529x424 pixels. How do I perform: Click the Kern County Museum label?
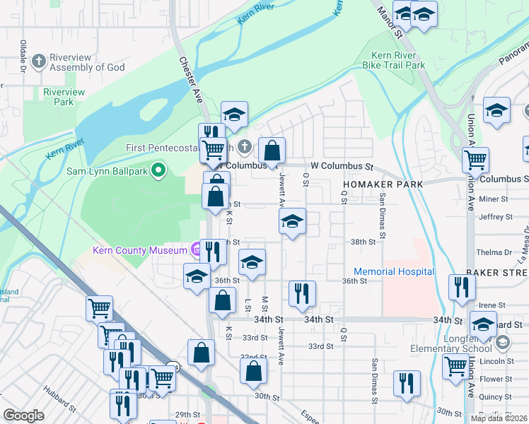(139, 250)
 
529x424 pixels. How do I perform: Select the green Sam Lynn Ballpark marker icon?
(159, 170)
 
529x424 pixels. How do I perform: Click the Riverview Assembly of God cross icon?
(37, 61)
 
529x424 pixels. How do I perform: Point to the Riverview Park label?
(64, 97)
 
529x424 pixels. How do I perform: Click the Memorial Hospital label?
(394, 271)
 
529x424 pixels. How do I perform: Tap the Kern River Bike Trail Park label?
(398, 60)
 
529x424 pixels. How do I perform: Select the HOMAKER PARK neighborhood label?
(383, 184)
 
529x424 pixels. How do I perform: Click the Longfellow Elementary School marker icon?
(502, 343)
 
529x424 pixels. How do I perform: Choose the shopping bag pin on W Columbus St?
(272, 151)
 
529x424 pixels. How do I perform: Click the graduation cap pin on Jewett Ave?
(292, 221)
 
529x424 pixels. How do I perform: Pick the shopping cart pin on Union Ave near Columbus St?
(475, 160)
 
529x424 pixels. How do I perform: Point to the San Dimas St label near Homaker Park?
(383, 215)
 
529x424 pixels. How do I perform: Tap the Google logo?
(23, 416)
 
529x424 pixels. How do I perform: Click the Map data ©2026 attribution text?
(499, 418)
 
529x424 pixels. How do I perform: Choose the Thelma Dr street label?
(494, 252)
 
